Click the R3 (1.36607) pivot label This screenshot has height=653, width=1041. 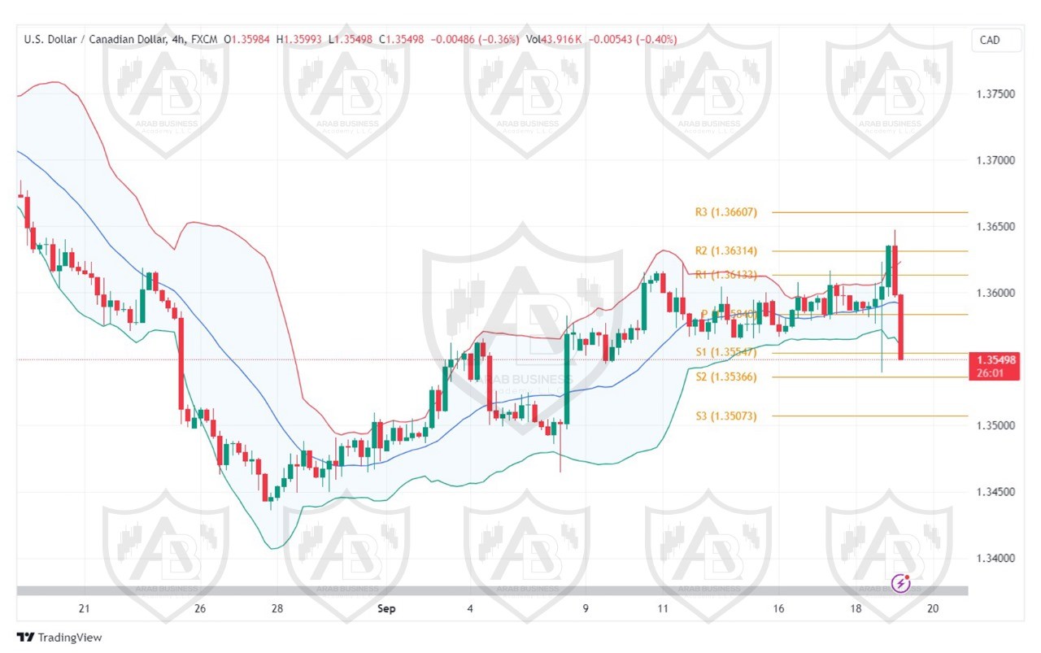tap(725, 212)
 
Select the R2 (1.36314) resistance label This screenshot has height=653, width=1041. tap(725, 250)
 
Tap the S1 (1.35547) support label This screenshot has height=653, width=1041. tap(725, 352)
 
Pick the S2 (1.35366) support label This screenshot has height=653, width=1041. tap(725, 377)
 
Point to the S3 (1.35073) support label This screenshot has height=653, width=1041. tap(725, 416)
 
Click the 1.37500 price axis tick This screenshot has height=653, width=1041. tap(995, 94)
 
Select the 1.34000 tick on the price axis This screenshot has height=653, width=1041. tap(995, 559)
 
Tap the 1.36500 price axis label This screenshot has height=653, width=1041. tap(995, 227)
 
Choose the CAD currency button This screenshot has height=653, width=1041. tap(990, 40)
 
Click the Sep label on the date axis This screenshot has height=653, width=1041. tap(387, 608)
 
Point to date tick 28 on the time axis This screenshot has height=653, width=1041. tap(277, 608)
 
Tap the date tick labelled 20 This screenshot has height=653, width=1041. tap(933, 608)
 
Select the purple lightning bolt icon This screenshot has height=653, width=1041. tap(901, 582)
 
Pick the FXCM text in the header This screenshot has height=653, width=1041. tap(205, 39)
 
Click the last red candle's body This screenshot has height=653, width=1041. tap(901, 326)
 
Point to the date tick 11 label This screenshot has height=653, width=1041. tap(663, 608)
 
